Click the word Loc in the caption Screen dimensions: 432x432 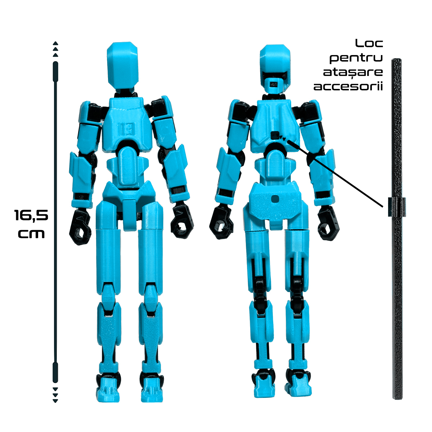369,44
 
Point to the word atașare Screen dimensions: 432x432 353,72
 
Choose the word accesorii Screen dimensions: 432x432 348,87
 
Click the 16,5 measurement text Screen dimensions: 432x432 31,216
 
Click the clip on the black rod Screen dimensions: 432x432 397,207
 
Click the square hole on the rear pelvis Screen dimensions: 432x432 276,198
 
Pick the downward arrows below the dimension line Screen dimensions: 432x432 55,395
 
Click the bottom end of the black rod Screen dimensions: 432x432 397,396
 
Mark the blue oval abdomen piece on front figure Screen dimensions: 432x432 128,166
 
